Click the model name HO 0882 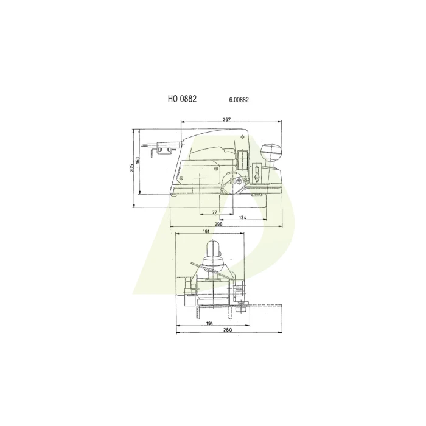click(182, 99)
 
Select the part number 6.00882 click(239, 100)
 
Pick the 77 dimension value click(215, 212)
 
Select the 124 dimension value click(243, 217)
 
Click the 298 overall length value click(218, 224)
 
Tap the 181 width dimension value click(206, 231)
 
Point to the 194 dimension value click(209, 323)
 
